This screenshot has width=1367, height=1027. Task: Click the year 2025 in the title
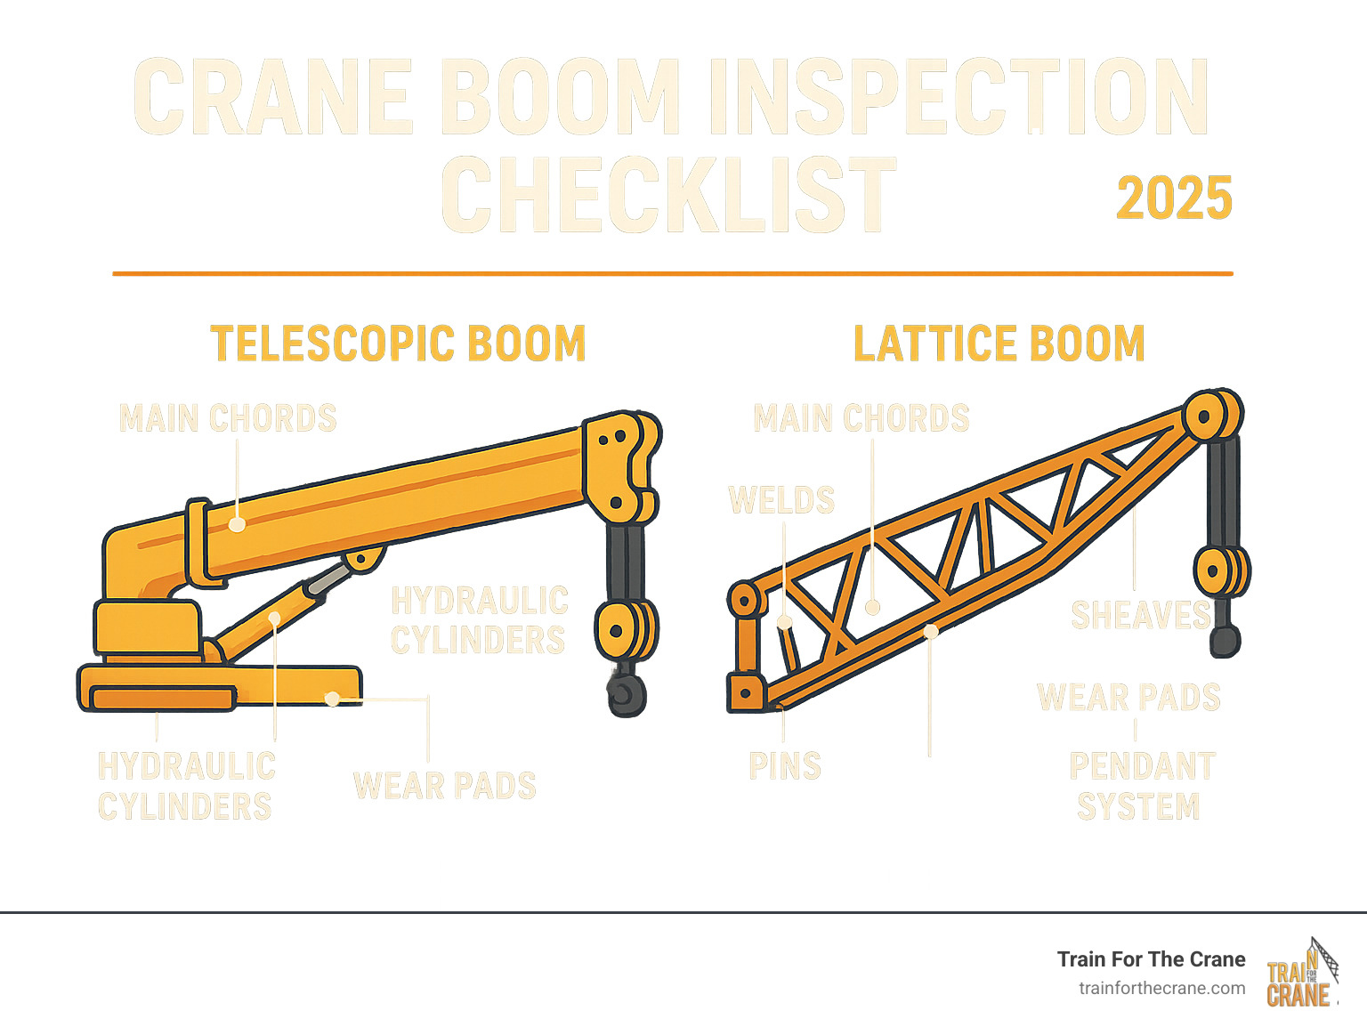1174,198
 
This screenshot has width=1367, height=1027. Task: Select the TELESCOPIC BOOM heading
398,344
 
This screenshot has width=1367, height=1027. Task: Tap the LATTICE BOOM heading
999,344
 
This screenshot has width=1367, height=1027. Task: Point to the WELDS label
781,500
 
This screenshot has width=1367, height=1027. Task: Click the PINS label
785,766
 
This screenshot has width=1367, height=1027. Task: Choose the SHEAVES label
1140,615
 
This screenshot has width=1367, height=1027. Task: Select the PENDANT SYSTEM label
1141,786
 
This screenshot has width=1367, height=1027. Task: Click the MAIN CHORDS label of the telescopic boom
228,418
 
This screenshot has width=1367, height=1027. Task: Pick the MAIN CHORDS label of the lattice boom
861,418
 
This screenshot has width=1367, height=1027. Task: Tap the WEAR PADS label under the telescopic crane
445,786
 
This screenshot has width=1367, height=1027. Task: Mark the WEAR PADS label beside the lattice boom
1128,698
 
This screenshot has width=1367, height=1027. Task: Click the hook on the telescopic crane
627,694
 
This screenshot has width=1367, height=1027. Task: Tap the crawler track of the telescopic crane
160,698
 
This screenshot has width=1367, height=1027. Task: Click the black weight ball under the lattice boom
1225,641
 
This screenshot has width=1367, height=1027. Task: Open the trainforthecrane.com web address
1161,988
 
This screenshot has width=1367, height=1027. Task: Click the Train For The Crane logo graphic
1301,974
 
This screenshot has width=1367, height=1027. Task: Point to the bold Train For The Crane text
1151,959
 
